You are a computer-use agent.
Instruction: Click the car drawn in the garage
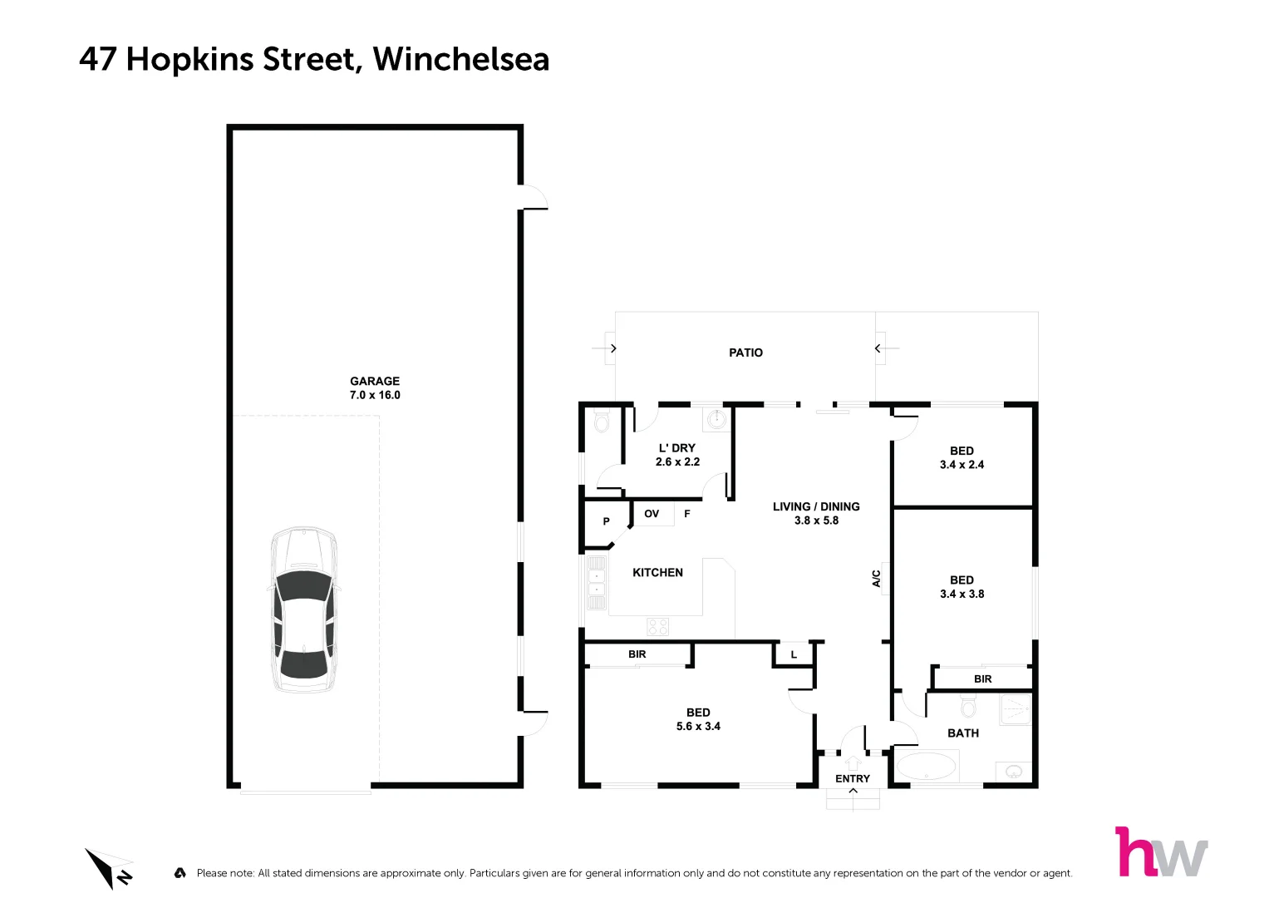304,609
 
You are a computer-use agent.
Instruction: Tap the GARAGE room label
374,381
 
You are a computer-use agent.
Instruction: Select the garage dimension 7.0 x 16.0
375,395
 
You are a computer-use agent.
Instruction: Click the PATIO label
745,353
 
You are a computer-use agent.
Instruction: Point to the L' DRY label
676,447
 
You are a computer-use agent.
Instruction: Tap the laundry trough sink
716,420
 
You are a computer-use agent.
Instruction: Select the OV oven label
652,514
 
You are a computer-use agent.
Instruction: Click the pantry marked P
606,521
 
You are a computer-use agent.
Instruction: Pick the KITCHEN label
657,572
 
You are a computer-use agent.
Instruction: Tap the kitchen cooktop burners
657,626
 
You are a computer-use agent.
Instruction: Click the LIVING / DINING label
815,506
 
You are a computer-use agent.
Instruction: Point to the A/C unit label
876,578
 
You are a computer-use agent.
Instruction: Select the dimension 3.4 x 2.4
962,465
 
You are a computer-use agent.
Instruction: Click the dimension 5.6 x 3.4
698,726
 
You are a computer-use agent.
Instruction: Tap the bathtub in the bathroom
926,766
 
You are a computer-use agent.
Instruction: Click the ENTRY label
852,778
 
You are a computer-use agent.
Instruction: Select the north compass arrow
109,868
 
